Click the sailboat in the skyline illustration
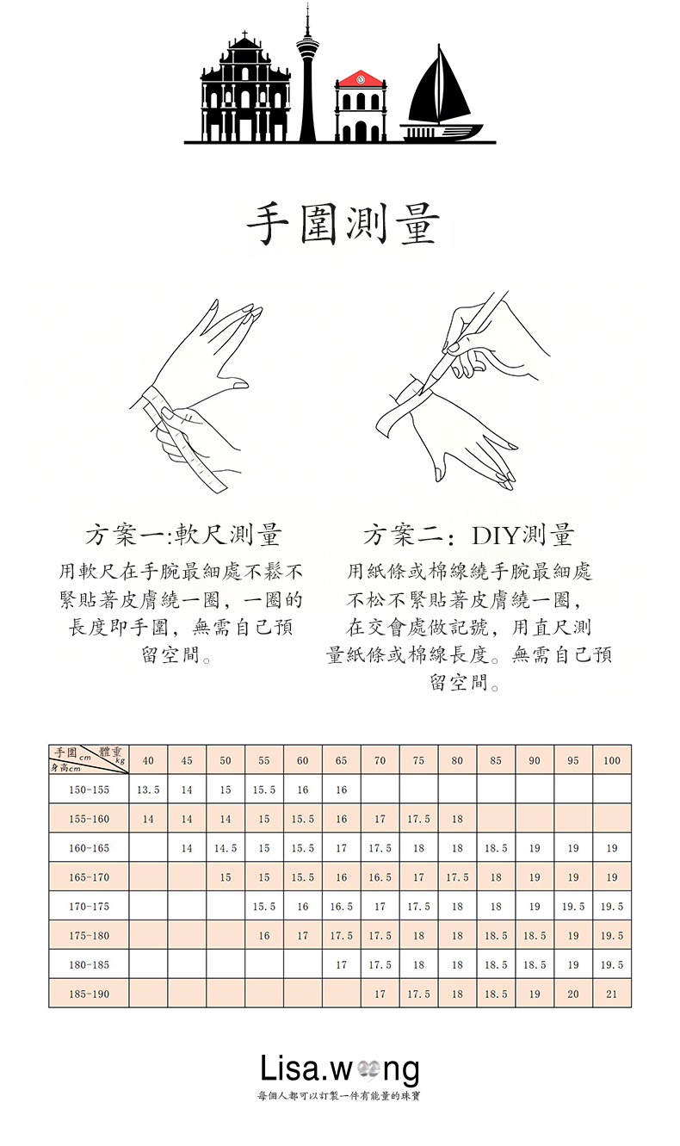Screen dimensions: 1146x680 tap(440, 95)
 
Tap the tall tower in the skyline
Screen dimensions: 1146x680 tap(307, 77)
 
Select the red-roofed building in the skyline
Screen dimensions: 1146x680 tap(361, 107)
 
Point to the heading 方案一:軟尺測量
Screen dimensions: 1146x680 tap(183, 535)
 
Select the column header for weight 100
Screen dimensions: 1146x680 tap(612, 760)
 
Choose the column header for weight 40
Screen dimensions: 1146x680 tap(148, 760)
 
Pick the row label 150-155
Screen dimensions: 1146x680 tap(90, 790)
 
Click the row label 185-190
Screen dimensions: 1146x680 tap(90, 994)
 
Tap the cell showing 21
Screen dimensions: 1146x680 tap(612, 994)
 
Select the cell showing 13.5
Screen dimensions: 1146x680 tap(148, 790)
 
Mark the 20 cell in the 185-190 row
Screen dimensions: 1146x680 tap(573, 994)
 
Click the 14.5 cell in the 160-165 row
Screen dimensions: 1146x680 tap(226, 848)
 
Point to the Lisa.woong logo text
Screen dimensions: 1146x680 tap(340, 1069)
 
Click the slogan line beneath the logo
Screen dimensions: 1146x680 tap(339, 1096)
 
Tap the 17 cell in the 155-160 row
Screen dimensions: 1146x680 tap(380, 819)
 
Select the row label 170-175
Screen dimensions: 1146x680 tap(90, 906)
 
